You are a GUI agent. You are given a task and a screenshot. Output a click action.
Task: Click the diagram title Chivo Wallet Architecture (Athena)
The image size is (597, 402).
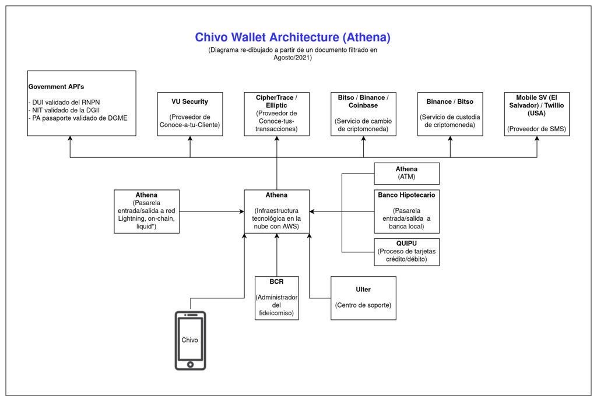[x=293, y=37]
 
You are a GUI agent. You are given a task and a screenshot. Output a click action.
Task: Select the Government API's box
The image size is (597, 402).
[x=82, y=104]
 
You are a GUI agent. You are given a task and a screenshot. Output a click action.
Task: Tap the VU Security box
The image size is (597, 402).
[x=190, y=114]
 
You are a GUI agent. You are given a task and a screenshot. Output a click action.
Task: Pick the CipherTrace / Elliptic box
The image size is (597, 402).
[x=276, y=114]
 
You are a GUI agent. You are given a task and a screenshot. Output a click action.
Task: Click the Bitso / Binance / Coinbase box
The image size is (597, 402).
[x=363, y=114]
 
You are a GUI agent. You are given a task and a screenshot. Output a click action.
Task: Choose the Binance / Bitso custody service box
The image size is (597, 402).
[x=450, y=114]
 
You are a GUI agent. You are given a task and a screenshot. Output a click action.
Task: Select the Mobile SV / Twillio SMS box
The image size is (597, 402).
[x=536, y=114]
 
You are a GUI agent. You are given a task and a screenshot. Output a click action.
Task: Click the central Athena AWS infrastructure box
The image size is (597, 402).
[x=276, y=211]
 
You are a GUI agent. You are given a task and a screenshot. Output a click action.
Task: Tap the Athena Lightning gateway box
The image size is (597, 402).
[x=146, y=211]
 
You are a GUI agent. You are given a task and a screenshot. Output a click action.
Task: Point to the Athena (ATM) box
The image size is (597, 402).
[x=406, y=173]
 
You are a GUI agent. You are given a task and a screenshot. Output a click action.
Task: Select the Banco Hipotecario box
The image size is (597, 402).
[x=406, y=211]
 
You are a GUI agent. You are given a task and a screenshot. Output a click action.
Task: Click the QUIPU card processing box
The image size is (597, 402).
[x=406, y=252]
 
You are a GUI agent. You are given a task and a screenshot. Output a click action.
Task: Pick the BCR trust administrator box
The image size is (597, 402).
[x=276, y=298]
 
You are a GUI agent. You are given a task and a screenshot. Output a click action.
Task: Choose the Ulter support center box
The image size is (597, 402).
[x=363, y=298]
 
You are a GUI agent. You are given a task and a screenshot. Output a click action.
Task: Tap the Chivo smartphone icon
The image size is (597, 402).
[x=190, y=340]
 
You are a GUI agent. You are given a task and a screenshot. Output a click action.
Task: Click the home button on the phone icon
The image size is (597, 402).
[x=190, y=365]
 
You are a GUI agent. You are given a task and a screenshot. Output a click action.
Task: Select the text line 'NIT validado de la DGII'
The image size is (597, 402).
[x=65, y=110]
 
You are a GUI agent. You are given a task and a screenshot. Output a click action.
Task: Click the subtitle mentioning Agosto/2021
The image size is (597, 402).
[x=293, y=54]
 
